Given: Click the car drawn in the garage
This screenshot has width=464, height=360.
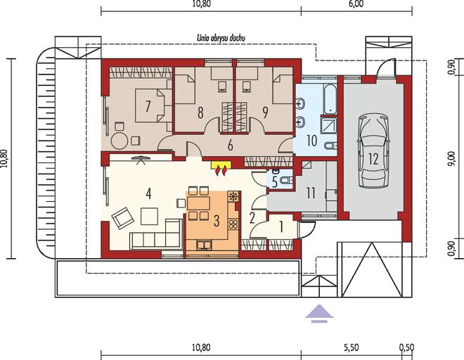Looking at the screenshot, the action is click(x=373, y=150).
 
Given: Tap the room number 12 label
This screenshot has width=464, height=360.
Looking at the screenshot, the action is click(x=373, y=159).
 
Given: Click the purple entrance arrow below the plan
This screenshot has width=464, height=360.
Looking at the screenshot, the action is click(x=319, y=313).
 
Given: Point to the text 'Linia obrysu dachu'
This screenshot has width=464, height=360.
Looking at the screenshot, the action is click(x=221, y=38).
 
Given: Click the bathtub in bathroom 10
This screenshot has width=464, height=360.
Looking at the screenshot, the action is click(x=330, y=99).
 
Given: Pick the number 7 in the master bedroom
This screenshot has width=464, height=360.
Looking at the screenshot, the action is click(x=148, y=106).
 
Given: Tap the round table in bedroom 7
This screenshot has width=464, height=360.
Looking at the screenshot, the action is click(x=119, y=141).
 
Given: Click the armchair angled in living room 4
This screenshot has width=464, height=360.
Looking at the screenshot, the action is click(x=122, y=218).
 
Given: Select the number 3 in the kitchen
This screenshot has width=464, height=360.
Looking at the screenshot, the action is click(x=217, y=221).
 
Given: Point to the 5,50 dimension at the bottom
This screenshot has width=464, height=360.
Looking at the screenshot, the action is click(x=352, y=347).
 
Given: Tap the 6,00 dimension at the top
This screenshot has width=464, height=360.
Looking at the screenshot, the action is click(x=356, y=4).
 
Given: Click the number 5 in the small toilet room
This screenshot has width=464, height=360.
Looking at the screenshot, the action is click(x=274, y=183).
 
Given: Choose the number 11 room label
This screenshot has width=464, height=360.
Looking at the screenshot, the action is click(x=311, y=193).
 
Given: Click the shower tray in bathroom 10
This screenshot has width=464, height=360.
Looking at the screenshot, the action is click(x=329, y=126).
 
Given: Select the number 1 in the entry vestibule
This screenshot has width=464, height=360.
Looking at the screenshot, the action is click(x=281, y=227).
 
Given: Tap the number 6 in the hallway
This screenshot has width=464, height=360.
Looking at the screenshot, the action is click(x=230, y=146).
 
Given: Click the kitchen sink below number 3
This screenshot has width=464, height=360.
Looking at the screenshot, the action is click(x=204, y=245).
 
